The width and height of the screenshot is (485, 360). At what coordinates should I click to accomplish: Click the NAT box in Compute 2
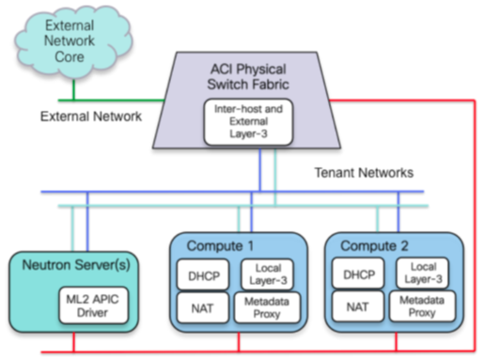(355, 306)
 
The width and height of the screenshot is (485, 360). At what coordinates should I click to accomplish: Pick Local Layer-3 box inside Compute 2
(423, 274)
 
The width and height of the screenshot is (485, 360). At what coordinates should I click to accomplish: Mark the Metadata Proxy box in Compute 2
(423, 306)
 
